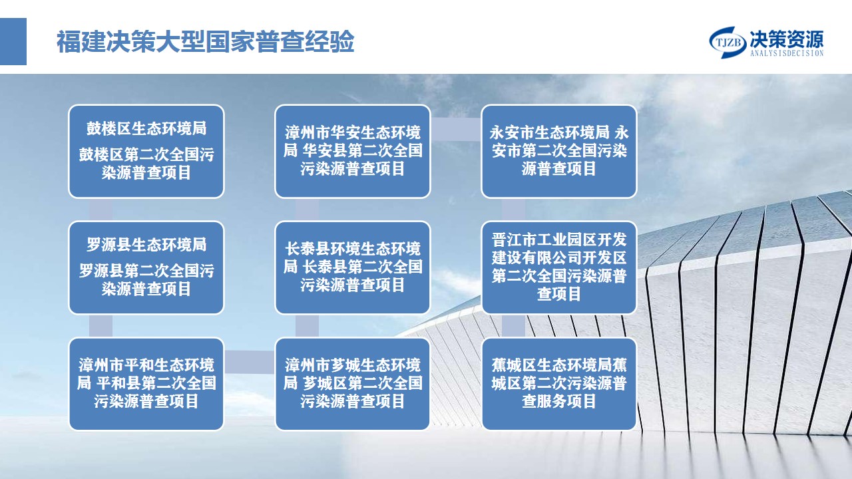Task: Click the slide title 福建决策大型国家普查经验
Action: pyautogui.click(x=206, y=41)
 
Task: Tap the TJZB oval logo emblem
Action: pyautogui.click(x=728, y=42)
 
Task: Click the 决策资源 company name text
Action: pyautogui.click(x=787, y=39)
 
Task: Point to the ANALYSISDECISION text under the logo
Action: pyautogui.click(x=787, y=53)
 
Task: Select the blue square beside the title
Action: pyautogui.click(x=13, y=41)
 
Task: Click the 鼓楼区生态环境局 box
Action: pyautogui.click(x=146, y=151)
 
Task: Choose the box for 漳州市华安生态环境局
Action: pyautogui.click(x=353, y=151)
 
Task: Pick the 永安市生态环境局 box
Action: pyautogui.click(x=558, y=151)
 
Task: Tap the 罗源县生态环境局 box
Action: pyautogui.click(x=146, y=267)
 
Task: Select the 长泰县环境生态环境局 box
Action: pyautogui.click(x=353, y=267)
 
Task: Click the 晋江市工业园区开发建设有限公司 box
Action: pyautogui.click(x=558, y=267)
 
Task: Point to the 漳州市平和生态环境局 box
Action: pyautogui.click(x=146, y=384)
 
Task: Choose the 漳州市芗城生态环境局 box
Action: pyautogui.click(x=353, y=384)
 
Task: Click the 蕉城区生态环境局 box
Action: pyautogui.click(x=558, y=384)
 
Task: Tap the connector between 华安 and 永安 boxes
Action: pyautogui.click(x=456, y=129)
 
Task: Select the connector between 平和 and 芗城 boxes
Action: pyautogui.click(x=250, y=362)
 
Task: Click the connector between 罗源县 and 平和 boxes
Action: pyautogui.click(x=101, y=326)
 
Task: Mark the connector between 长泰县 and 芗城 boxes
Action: pyautogui.click(x=307, y=326)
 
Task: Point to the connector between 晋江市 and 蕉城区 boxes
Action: pyautogui.click(x=513, y=326)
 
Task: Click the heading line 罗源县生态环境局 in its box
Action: pyautogui.click(x=146, y=244)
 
